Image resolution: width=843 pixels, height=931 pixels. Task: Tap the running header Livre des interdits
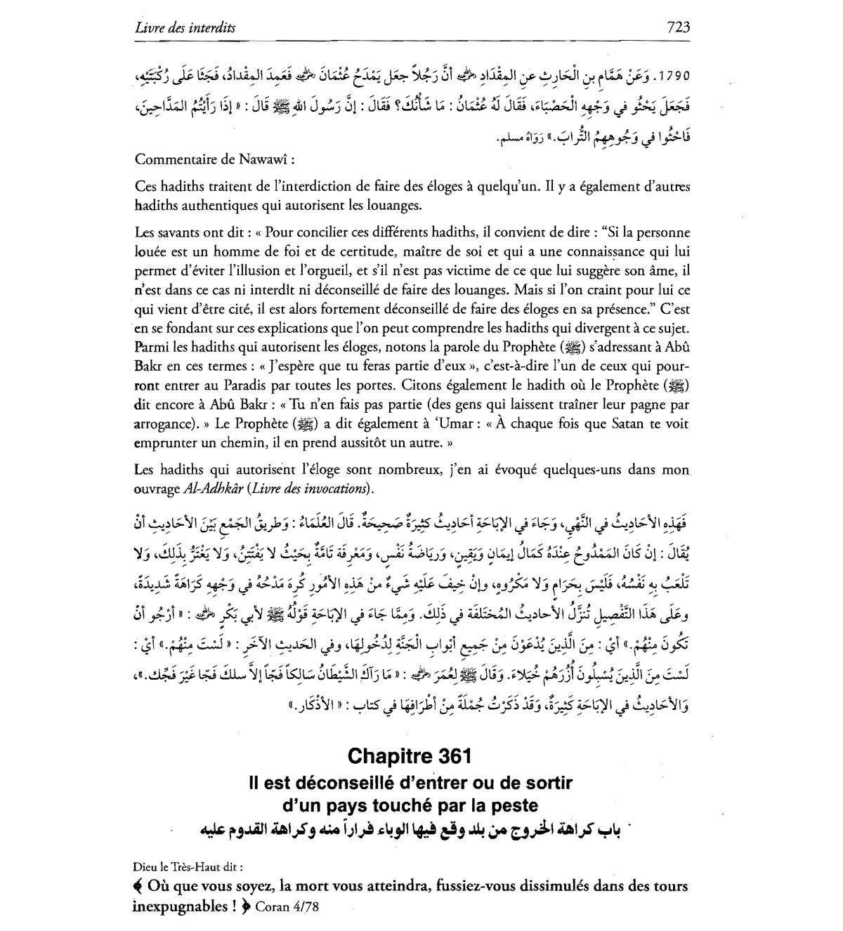185,28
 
